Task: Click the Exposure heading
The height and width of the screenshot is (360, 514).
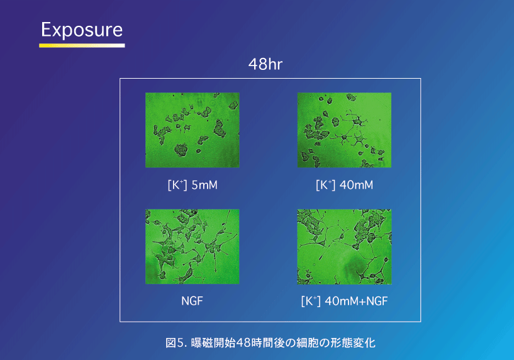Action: [82, 30]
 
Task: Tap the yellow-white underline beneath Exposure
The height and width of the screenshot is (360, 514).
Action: [82, 45]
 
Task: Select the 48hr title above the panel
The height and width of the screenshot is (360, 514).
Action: [265, 64]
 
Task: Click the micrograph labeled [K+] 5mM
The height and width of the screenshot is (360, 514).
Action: [193, 130]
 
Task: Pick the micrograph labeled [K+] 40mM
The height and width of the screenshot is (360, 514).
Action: [344, 130]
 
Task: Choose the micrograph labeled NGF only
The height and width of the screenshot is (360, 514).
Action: [193, 247]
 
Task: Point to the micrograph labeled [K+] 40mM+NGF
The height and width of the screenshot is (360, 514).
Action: [344, 247]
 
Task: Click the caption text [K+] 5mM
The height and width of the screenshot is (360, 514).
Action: [193, 185]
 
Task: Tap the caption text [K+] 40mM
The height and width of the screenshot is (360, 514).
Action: [344, 185]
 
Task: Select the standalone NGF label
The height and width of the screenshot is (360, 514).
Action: [193, 301]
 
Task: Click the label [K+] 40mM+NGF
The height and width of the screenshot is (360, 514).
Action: [344, 301]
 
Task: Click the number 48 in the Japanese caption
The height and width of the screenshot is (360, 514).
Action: [243, 343]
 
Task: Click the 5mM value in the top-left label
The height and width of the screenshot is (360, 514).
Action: [204, 185]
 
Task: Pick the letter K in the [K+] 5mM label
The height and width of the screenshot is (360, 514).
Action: [176, 185]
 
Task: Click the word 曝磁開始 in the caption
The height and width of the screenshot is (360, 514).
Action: [213, 343]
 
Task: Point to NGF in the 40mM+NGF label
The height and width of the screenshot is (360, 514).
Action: [377, 301]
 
